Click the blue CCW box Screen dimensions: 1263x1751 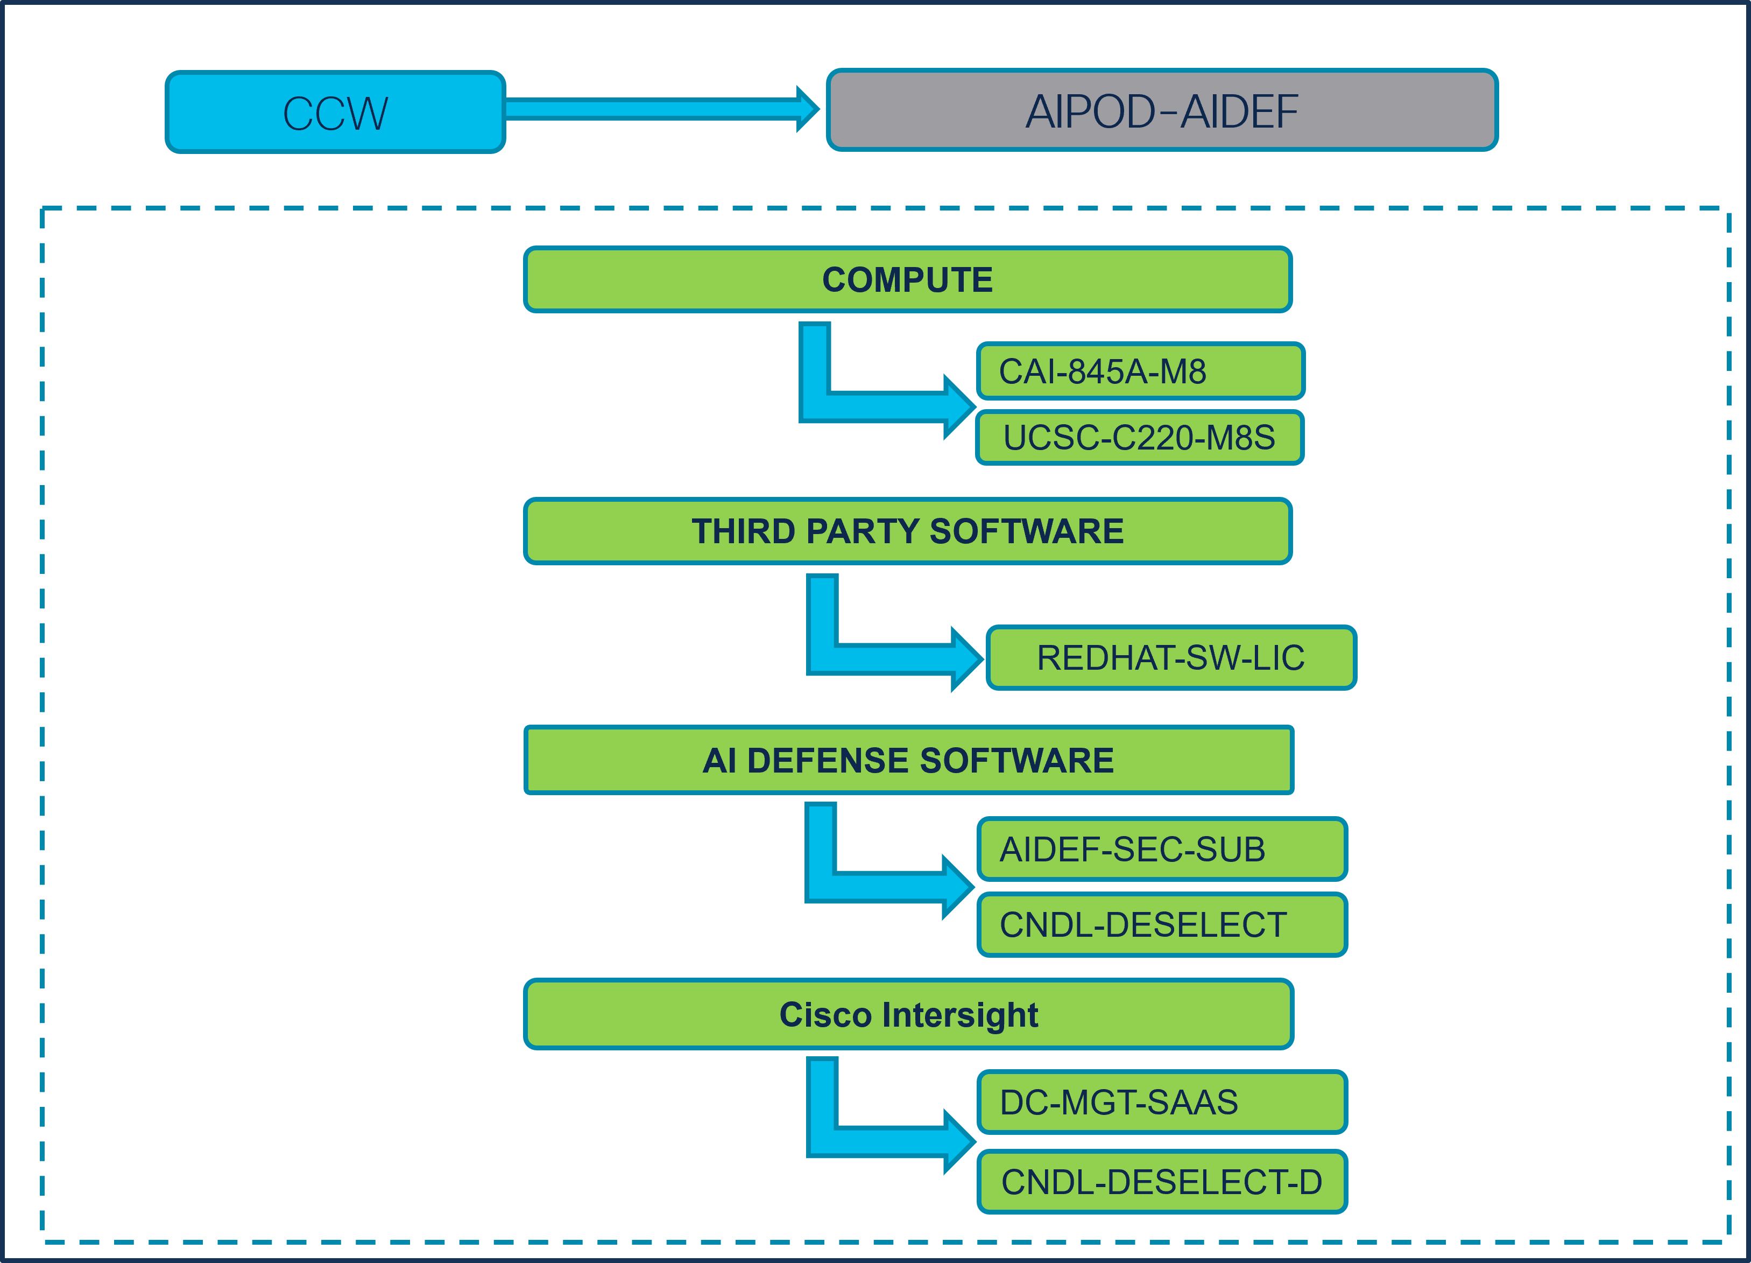click(335, 113)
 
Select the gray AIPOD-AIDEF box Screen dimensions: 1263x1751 click(1161, 110)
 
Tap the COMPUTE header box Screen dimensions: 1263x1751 click(907, 279)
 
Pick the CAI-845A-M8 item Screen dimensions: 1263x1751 click(1140, 371)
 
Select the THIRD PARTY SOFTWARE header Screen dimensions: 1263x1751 click(907, 531)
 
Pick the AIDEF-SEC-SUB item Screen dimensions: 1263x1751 click(1161, 849)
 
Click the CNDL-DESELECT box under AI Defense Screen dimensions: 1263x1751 click(1161, 925)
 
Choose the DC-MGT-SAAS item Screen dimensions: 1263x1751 click(1161, 1103)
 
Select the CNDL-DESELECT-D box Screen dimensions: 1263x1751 click(1161, 1182)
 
